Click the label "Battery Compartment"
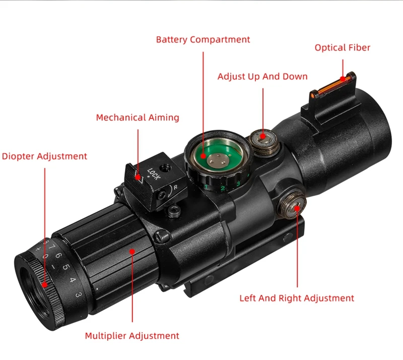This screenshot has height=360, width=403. pos(203,40)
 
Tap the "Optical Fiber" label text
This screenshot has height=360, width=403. pos(343,47)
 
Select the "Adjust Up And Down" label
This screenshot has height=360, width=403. pos(262,77)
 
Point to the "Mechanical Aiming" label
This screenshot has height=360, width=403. pos(138,117)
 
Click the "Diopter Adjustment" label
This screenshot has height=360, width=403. pos(44,156)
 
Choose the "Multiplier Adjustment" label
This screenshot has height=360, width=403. pos(132,336)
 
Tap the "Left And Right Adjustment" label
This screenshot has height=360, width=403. pos(297,298)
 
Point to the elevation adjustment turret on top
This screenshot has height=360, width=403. pos(264,142)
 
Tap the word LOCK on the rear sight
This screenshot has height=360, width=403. pos(154,173)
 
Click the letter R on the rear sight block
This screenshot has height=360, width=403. pos(175,188)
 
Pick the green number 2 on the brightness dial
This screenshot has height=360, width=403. pos(223,188)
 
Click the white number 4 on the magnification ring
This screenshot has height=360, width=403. pos(73,280)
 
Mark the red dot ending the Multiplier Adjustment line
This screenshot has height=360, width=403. pos(132,252)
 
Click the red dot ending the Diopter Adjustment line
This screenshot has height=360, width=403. pos(45,285)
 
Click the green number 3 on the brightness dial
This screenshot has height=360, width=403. pos(238,184)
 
